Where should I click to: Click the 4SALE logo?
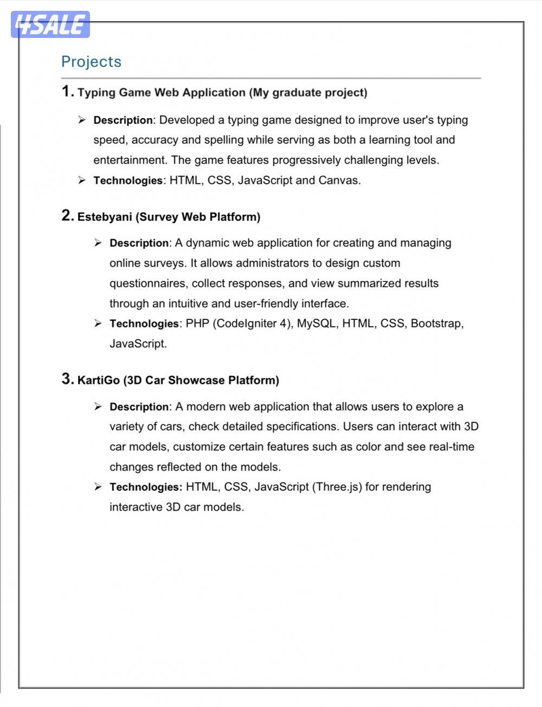50,25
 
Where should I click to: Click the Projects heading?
91,62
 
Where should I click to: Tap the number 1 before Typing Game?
66,91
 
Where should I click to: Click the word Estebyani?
105,217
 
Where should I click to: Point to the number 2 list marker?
66,216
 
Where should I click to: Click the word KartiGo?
98,380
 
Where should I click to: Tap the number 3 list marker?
66,379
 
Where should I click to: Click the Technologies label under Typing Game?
128,181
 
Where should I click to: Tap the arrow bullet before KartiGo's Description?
98,407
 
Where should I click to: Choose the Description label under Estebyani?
139,243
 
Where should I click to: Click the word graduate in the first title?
296,93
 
